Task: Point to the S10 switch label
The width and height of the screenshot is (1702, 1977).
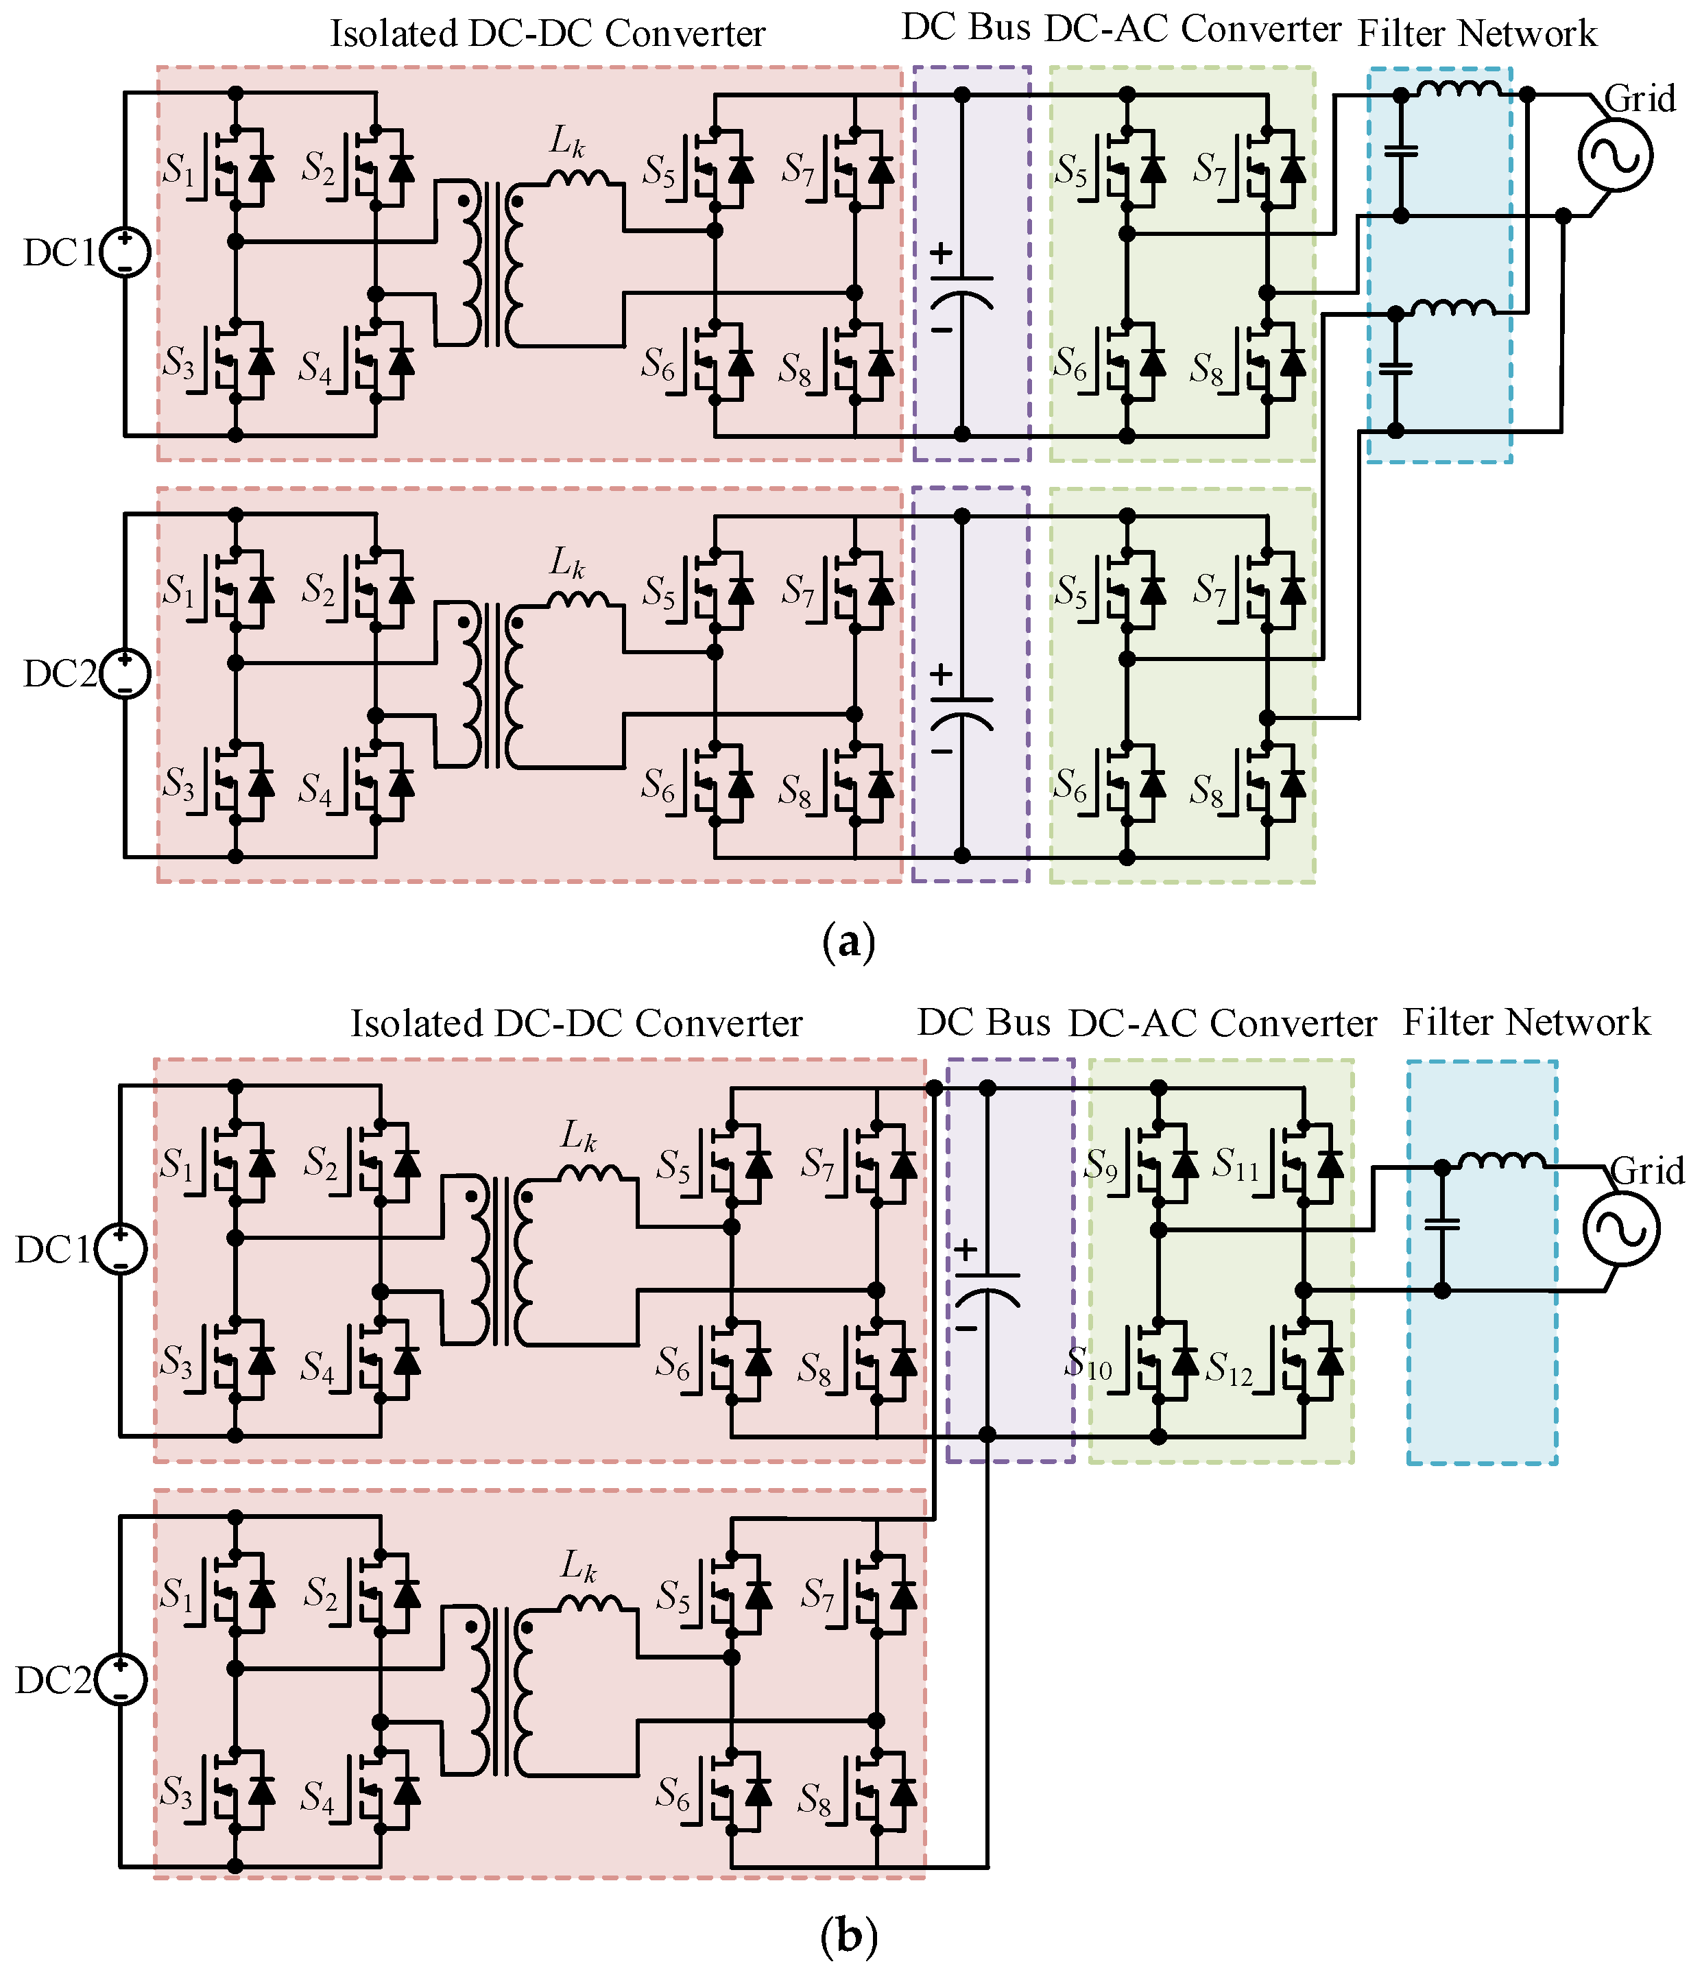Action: coord(1088,1363)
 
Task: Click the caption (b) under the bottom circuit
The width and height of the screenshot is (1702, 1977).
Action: coord(848,1936)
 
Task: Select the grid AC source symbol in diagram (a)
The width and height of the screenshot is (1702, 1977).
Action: coord(1615,156)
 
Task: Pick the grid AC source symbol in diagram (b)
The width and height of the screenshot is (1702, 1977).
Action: coord(1621,1229)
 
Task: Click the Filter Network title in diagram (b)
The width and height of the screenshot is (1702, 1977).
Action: coord(1526,1022)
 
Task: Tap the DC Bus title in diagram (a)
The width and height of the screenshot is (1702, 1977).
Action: coord(966,29)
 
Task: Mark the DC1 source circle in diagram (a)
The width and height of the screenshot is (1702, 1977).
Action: coord(125,253)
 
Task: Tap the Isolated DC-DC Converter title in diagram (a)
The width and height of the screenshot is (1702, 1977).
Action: coord(548,34)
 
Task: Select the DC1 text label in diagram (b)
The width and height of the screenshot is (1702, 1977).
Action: coord(53,1250)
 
